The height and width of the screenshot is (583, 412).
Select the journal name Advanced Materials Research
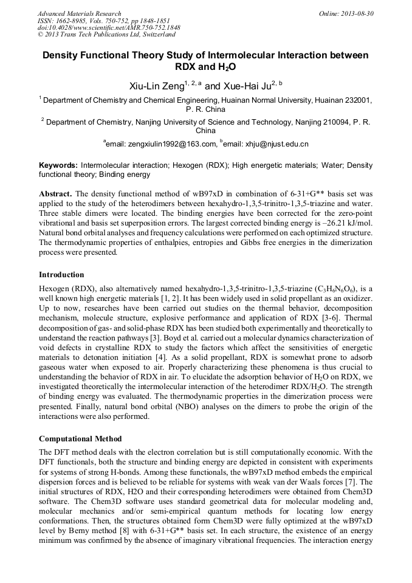click(x=79, y=13)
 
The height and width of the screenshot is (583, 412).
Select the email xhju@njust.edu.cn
click(x=267, y=144)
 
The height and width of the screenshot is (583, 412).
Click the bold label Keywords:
click(x=58, y=165)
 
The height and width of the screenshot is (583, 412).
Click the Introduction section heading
click(x=61, y=275)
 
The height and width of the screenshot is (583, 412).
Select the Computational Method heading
click(x=80, y=439)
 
